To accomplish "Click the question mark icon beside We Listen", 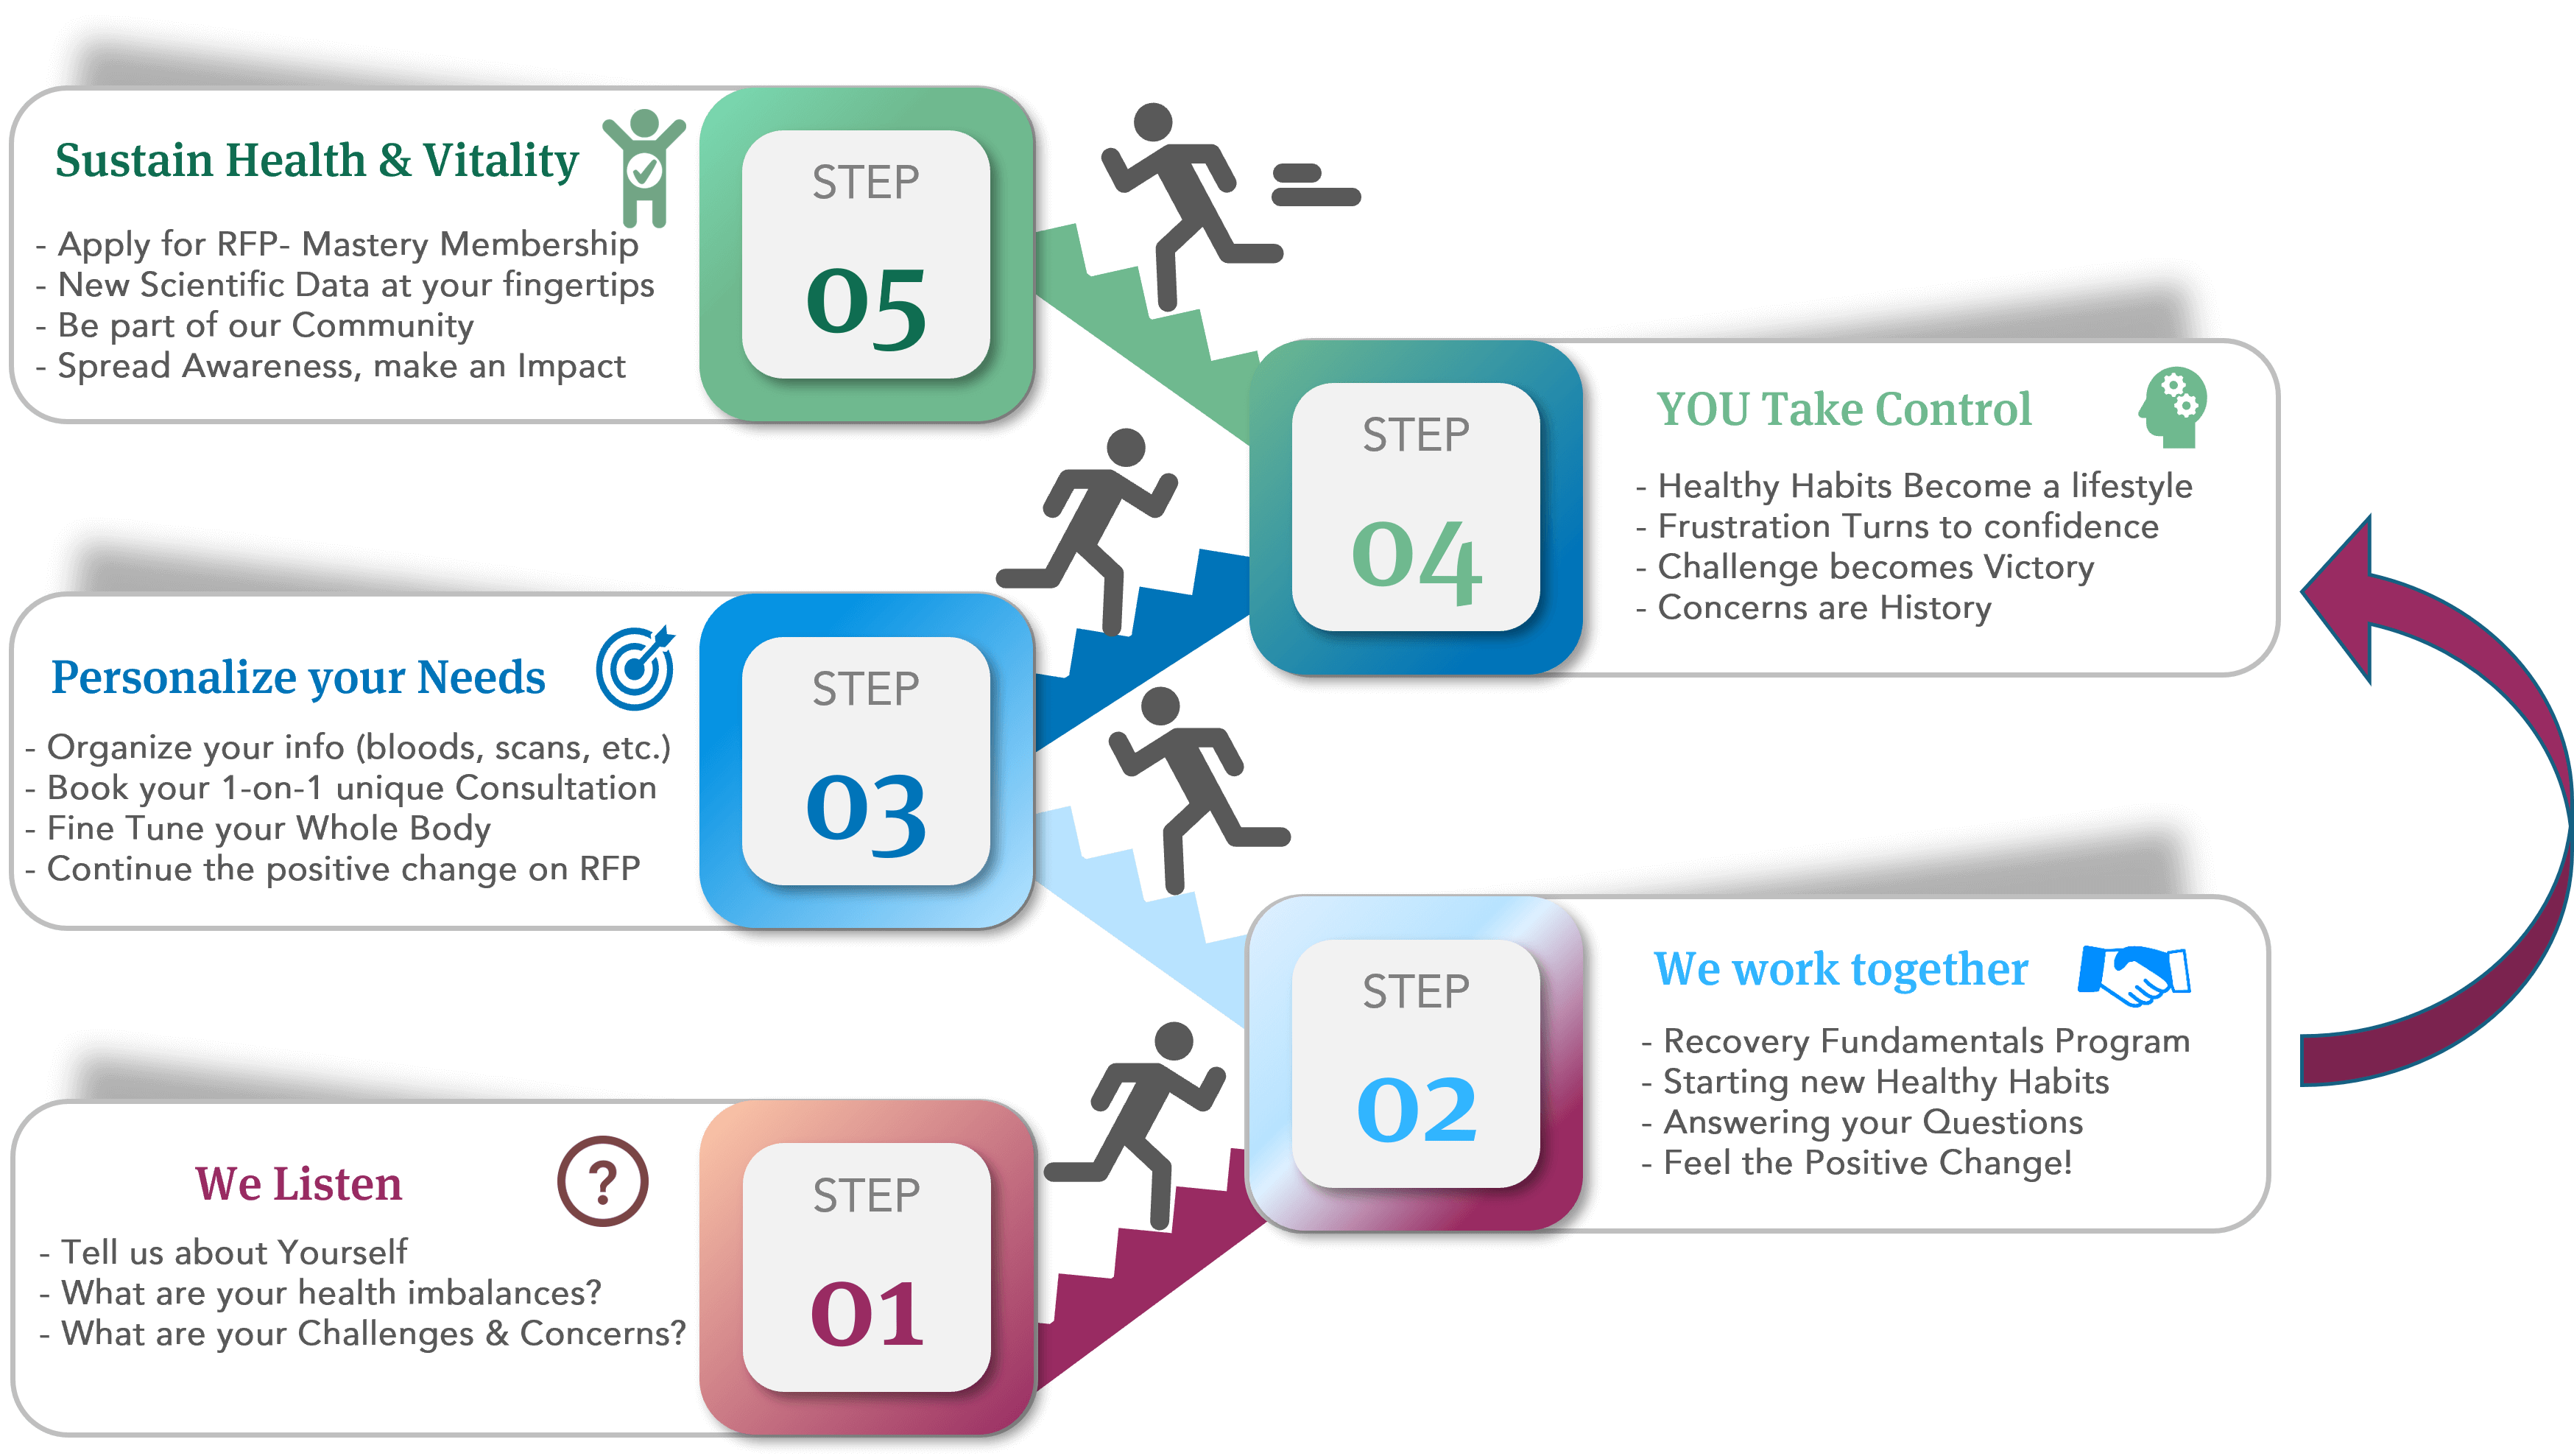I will (602, 1181).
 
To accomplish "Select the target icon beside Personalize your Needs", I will (635, 668).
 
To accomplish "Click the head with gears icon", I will (2173, 408).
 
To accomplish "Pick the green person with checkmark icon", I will (643, 167).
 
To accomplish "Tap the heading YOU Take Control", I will (1844, 409).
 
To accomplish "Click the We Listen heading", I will (298, 1184).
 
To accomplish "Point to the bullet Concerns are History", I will (1823, 608).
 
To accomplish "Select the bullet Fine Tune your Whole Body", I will (268, 829).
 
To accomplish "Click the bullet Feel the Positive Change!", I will (1866, 1163).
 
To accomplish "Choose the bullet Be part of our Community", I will (265, 326).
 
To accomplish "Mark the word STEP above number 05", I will (866, 183).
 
